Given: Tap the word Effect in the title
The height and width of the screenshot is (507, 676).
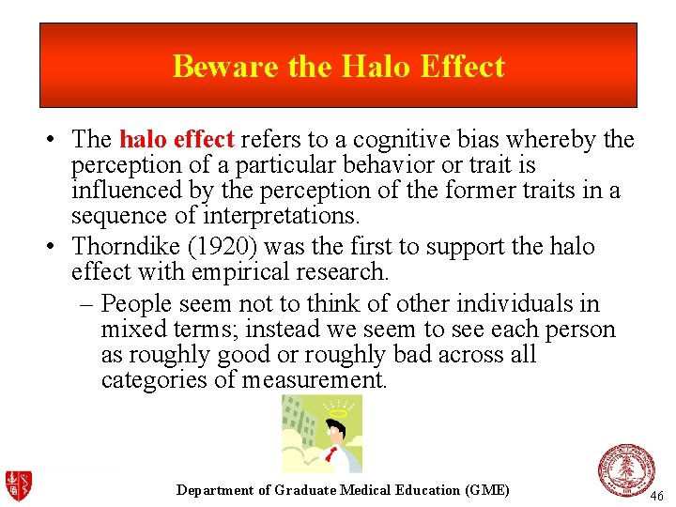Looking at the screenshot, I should pos(462,67).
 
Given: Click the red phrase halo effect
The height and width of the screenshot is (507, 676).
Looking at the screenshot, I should pos(177,141).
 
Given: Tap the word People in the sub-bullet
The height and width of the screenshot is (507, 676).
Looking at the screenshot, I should pos(138,304).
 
